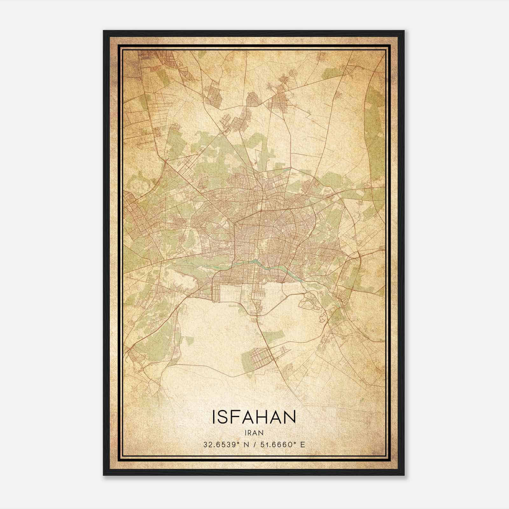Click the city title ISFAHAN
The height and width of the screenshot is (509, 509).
click(254, 417)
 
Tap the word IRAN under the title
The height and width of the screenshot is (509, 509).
click(254, 433)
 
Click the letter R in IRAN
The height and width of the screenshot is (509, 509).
click(250, 433)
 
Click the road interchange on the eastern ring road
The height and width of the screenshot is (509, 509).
click(359, 254)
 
